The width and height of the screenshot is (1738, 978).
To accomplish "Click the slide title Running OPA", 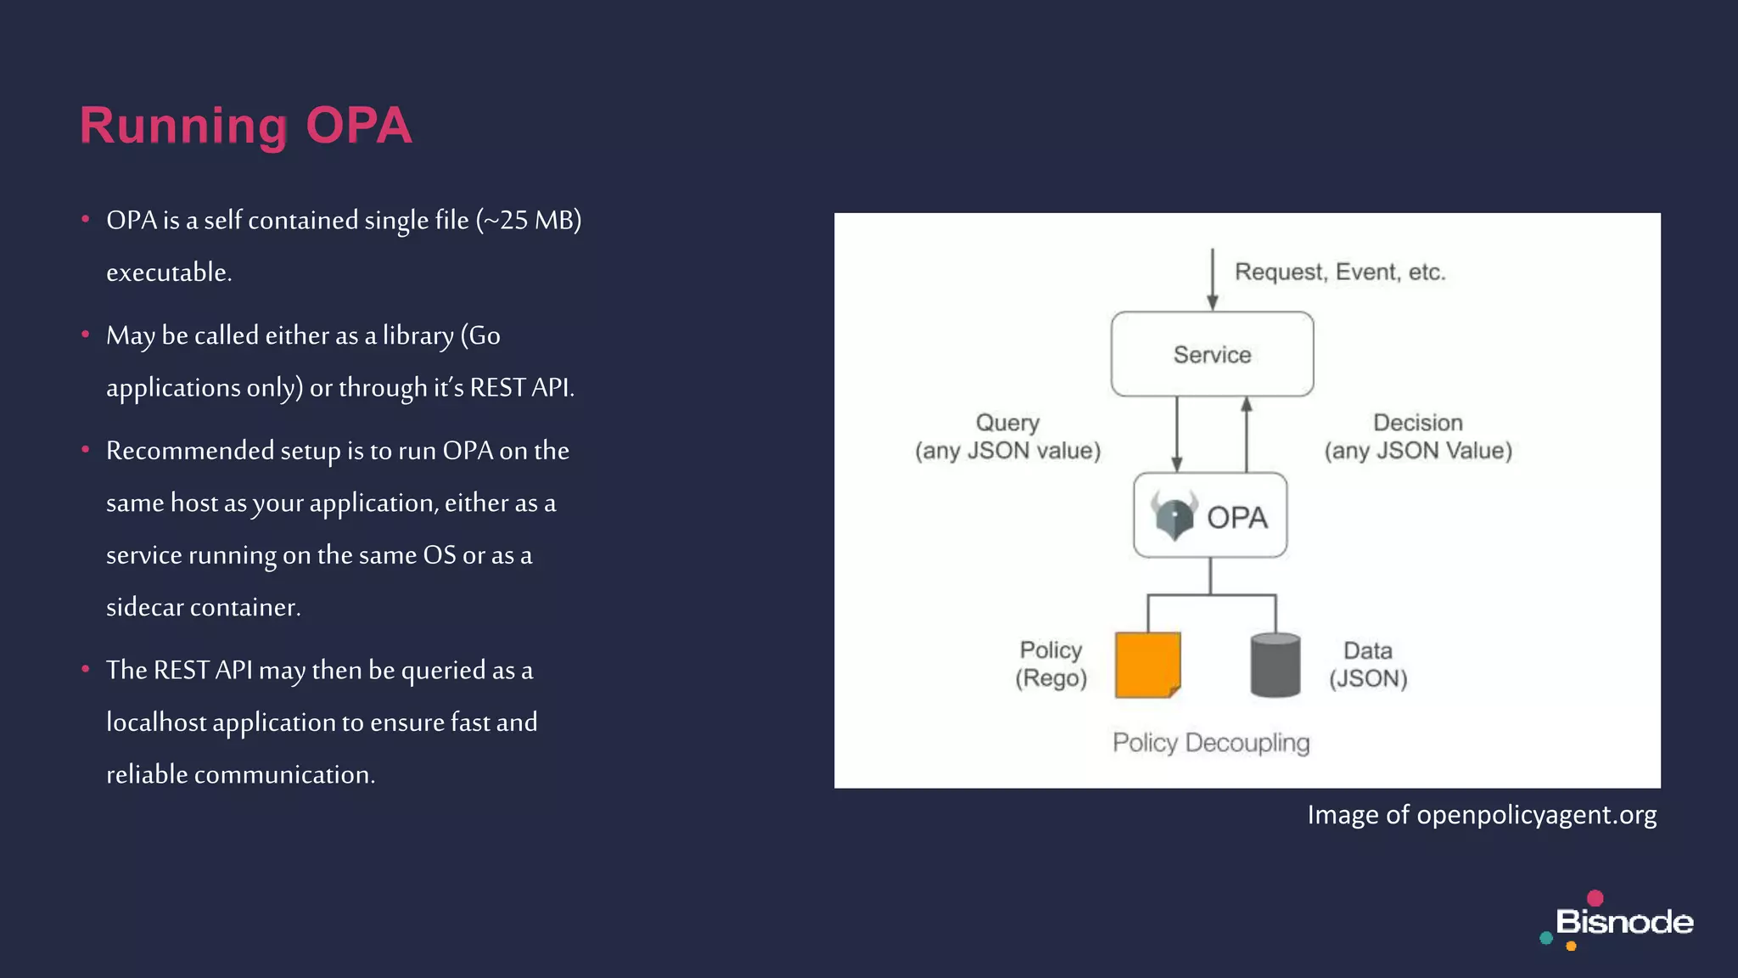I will pos(245,126).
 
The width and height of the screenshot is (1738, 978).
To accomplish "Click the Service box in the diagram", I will pos(1212,354).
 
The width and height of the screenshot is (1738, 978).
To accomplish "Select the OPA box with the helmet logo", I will pos(1210,515).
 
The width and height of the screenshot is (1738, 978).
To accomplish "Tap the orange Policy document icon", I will pos(1147,665).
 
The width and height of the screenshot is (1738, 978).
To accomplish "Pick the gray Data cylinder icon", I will pos(1275,665).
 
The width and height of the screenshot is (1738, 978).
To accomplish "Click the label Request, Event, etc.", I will pos(1339,273).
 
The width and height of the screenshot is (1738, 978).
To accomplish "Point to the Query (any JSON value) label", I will pos(1007,436).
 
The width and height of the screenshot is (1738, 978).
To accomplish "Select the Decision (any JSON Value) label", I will pos(1418,436).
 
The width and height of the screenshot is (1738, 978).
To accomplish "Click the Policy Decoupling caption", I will pos(1211,743).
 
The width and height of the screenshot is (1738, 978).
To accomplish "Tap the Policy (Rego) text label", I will pos(1051,664).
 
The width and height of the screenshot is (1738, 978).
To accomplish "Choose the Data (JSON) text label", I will pos(1368,665).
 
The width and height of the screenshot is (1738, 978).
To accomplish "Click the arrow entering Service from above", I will pos(1213,280).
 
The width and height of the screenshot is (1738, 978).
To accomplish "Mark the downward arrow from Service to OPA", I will pos(1177,433).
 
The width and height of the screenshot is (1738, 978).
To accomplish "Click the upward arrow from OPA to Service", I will pos(1247,433).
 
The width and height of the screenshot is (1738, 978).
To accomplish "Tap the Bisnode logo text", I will pos(1623,922).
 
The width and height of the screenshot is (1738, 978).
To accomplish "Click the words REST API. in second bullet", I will pos(522,388).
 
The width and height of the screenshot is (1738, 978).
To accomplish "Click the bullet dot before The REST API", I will pos(86,670).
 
